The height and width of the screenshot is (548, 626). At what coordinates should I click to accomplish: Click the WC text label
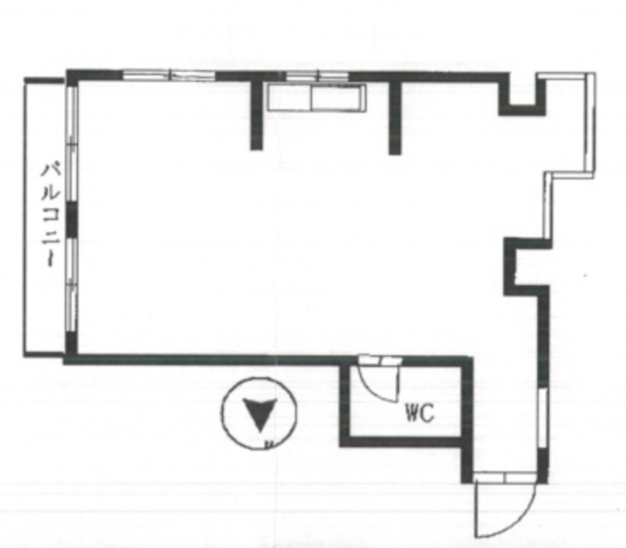coord(420,414)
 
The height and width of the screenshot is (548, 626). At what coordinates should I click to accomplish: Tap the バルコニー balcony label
coord(51,214)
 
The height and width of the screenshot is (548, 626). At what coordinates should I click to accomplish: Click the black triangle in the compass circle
coord(259,412)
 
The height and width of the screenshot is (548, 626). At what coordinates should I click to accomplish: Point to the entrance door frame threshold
coord(504,477)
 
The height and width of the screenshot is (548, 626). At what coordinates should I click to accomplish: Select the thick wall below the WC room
coord(402,442)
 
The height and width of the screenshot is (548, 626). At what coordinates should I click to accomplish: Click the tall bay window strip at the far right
coord(590,123)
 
